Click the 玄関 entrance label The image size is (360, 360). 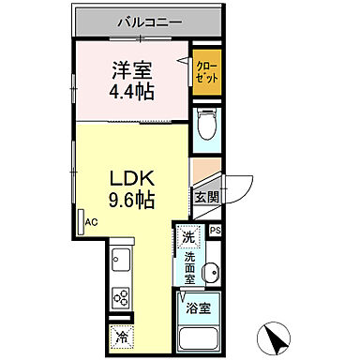click(206, 196)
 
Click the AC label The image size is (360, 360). click(91, 222)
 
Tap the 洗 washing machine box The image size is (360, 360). click(189, 238)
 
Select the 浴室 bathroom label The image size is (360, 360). click(198, 306)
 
